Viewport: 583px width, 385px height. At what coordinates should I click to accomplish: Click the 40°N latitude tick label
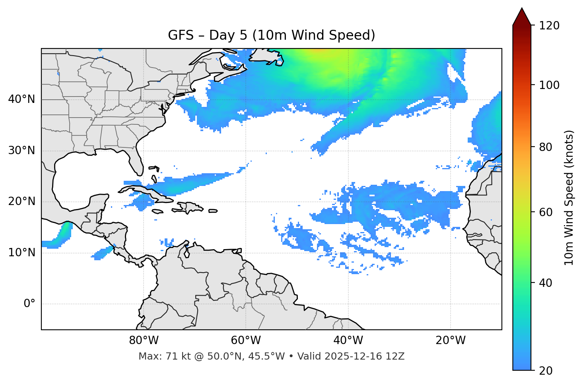(21, 99)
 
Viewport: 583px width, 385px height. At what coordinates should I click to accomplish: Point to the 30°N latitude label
(21, 151)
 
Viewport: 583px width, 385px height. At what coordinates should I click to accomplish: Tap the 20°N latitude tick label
(21, 201)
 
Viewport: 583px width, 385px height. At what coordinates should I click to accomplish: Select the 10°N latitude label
(21, 253)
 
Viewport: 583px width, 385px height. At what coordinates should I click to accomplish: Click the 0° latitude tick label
(29, 304)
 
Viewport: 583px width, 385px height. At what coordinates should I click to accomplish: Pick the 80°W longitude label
(144, 341)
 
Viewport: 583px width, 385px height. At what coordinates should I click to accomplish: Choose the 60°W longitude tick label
(246, 341)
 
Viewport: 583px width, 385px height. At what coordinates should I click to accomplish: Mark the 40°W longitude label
(348, 341)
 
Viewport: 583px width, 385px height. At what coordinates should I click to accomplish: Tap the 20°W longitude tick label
(450, 341)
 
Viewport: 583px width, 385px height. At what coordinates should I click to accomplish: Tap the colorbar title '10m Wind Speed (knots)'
(569, 197)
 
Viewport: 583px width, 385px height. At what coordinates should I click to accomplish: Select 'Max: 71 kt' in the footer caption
(159, 356)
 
